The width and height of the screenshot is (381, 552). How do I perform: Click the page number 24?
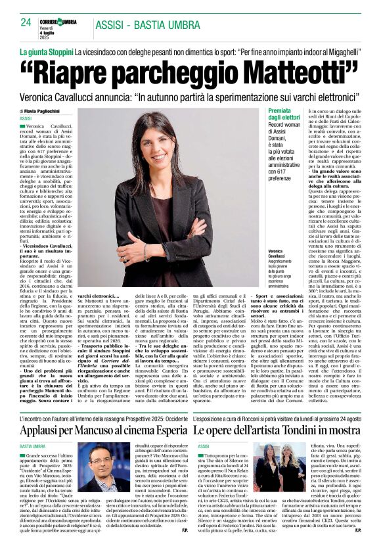[x=26, y=22]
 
